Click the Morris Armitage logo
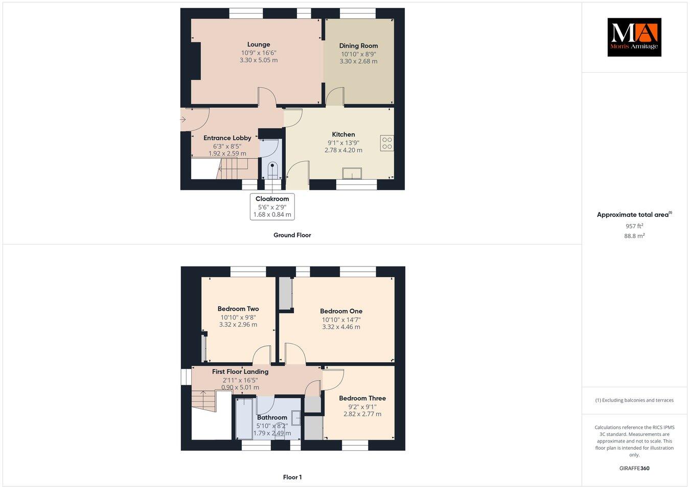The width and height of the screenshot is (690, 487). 634,37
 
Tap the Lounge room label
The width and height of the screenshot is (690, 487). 259,45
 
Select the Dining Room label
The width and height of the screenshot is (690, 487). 358,46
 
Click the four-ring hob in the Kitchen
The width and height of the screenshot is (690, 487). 387,143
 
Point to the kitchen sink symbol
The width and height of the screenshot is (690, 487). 352,174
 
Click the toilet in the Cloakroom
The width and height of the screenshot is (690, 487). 272,169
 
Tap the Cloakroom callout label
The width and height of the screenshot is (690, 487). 272,199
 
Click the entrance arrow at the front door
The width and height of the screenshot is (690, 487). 183,120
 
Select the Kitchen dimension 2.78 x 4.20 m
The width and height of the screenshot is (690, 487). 343,150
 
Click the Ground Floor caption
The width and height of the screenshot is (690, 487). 292,235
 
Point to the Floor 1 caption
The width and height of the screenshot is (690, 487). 292,477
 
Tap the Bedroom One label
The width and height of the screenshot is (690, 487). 341,311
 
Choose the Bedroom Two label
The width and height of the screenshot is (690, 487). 238,309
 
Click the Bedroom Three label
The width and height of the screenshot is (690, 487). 362,399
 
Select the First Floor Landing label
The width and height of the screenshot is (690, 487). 240,372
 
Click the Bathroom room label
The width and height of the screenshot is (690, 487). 272,417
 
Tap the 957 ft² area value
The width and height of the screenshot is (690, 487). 634,226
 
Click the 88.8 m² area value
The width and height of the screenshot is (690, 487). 634,236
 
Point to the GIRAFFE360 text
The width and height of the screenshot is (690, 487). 634,468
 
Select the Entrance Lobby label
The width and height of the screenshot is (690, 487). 227,138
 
